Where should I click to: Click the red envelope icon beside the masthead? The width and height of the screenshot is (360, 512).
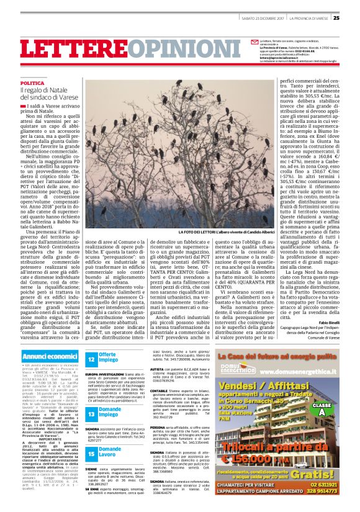click(x=254, y=42)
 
